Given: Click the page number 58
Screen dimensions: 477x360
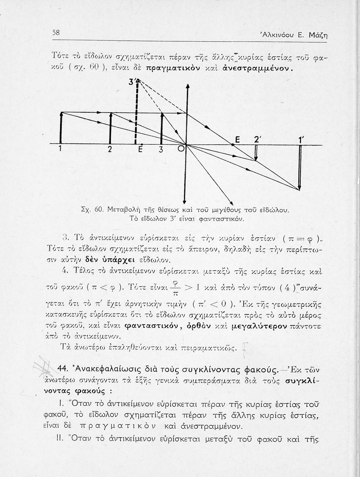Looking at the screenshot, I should click(56, 32).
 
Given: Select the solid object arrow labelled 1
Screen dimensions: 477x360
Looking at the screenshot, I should click(61, 128).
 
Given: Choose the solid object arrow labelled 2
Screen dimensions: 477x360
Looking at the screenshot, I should click(110, 128).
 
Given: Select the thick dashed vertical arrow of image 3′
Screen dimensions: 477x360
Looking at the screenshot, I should click(136, 114).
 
